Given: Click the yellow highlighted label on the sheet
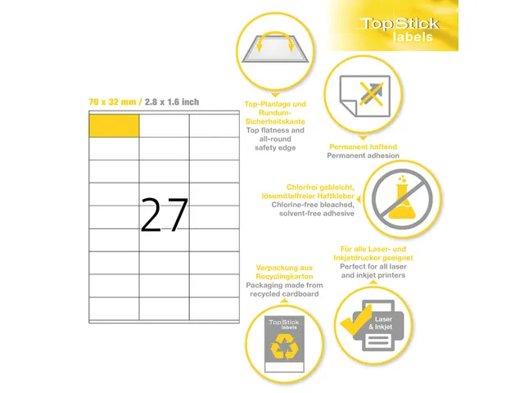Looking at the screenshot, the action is tap(114, 125).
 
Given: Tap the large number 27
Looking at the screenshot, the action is tap(164, 215).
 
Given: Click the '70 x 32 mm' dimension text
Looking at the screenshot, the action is tap(112, 102).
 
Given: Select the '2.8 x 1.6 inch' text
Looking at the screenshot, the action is tap(172, 102).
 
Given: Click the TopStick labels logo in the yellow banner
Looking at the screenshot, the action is tap(400, 29).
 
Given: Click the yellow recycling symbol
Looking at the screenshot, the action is tap(284, 347).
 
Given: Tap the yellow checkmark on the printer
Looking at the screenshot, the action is tap(356, 320).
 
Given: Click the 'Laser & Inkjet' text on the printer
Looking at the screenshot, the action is tap(381, 323).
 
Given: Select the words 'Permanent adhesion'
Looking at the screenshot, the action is tap(363, 156).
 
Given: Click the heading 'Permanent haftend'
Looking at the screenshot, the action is tap(363, 147).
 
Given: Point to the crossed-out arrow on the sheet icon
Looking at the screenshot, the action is tap(371, 94).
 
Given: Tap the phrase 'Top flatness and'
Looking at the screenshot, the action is tap(275, 130).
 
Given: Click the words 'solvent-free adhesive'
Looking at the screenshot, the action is tap(317, 213).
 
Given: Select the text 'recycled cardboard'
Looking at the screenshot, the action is tap(284, 294).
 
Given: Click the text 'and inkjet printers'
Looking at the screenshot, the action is tap(373, 275).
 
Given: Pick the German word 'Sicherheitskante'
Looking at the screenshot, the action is tap(275, 121).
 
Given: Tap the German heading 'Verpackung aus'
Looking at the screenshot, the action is tap(284, 268).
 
